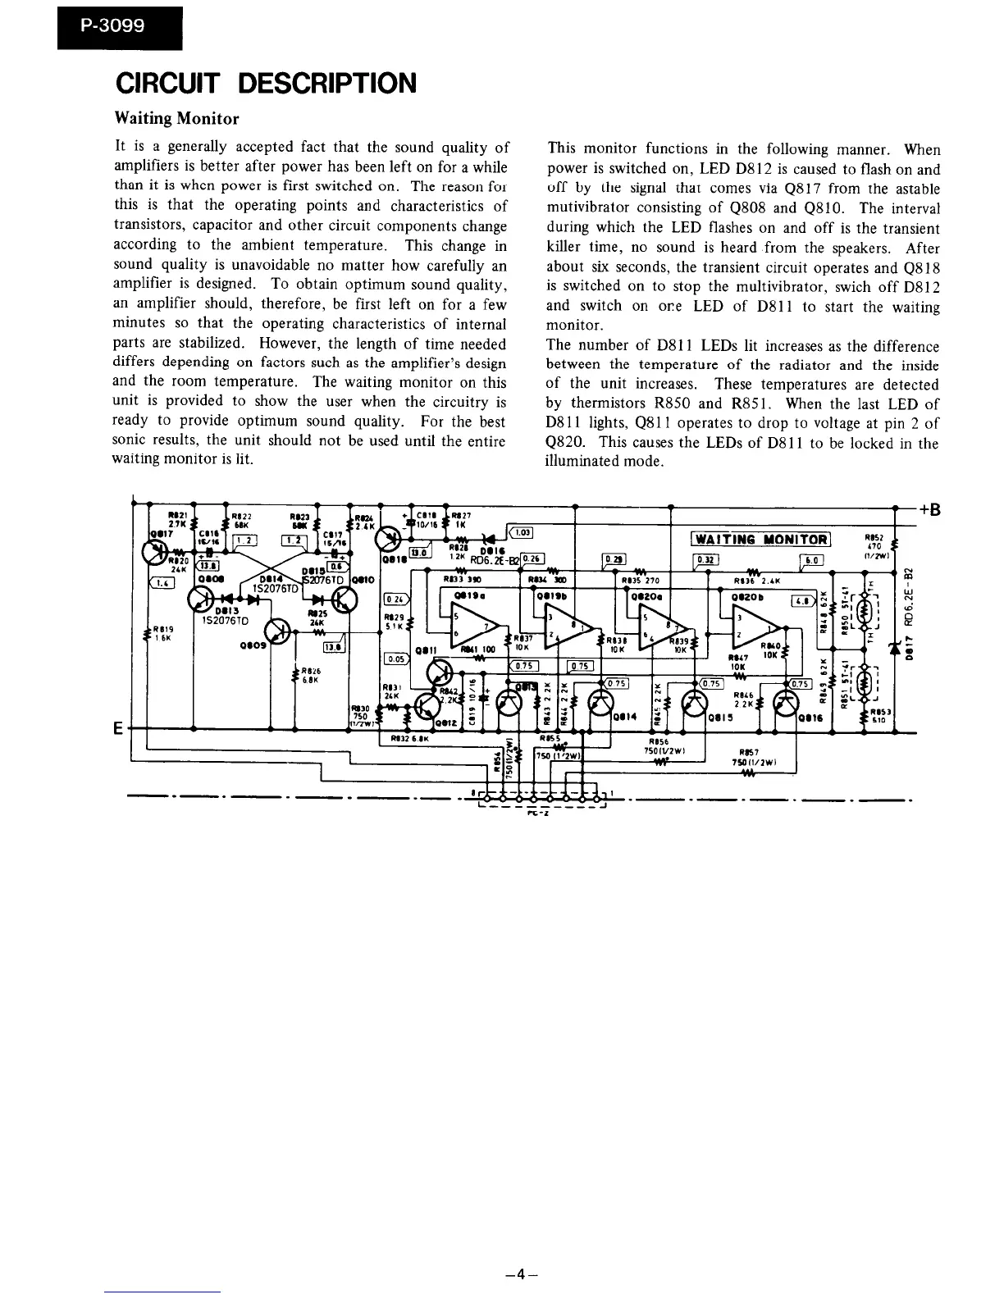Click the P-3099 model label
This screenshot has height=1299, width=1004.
(x=113, y=25)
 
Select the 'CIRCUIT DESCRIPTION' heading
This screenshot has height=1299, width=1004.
(x=265, y=83)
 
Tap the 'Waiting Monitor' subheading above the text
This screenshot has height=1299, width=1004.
(x=176, y=118)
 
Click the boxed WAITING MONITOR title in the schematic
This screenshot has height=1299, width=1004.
(x=761, y=538)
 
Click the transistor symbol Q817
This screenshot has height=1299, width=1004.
(x=158, y=553)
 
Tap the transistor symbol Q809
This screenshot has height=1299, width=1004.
(x=280, y=632)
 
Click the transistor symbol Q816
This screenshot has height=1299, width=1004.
(x=787, y=703)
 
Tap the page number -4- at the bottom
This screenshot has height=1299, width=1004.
(x=521, y=1274)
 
